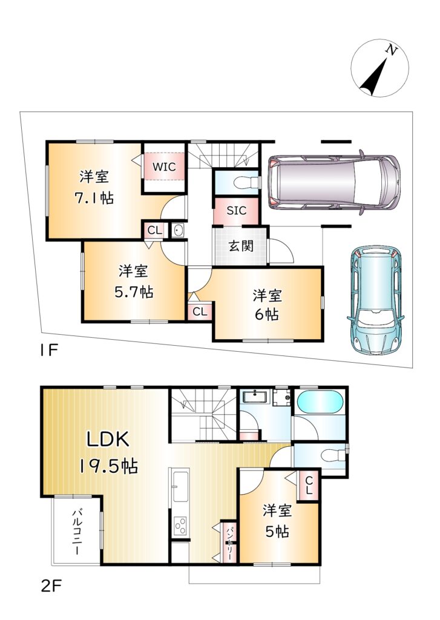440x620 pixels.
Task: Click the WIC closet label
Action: point(164,167)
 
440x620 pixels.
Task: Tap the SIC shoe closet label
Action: point(237,210)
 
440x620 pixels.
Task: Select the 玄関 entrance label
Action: point(241,246)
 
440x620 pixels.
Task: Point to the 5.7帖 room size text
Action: point(134,292)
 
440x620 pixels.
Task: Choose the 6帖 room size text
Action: point(267,314)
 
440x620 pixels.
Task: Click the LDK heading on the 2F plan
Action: point(108,440)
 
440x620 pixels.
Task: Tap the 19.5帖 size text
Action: point(108,467)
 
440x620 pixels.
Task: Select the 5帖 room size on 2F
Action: point(277,531)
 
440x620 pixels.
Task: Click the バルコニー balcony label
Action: point(76,532)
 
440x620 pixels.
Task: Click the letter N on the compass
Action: point(392,50)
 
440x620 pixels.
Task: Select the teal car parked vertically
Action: point(376,300)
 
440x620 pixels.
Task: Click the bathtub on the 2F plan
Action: point(320,403)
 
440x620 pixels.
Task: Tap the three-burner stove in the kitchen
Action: point(180,526)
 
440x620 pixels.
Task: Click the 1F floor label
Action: point(48,350)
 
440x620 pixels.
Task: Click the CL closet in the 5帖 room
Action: point(309,486)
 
